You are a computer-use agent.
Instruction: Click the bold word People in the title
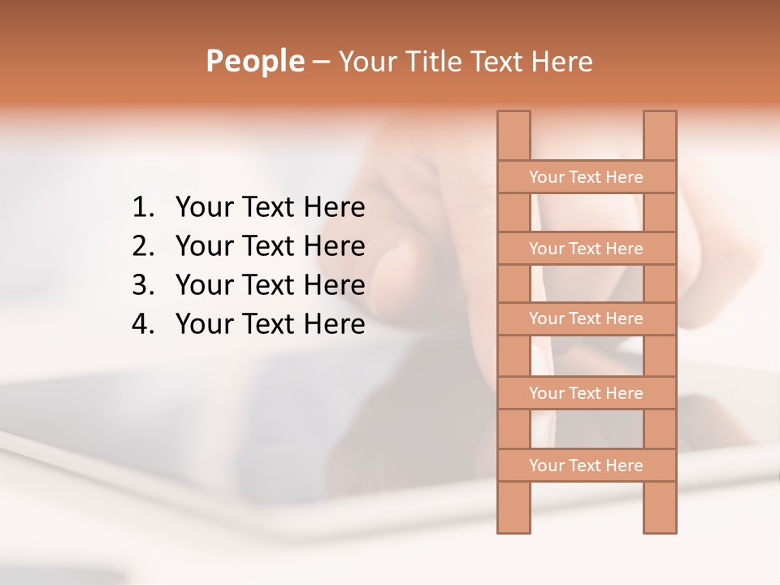[x=254, y=61]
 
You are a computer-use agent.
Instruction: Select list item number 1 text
[x=270, y=207]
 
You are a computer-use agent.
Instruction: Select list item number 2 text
[x=270, y=246]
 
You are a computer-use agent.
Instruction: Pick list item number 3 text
[x=270, y=285]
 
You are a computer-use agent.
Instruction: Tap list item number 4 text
[x=270, y=324]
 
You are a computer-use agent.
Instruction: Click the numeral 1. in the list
[x=143, y=207]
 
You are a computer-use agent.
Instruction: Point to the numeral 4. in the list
[x=143, y=324]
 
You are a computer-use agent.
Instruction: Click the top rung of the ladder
[x=586, y=177]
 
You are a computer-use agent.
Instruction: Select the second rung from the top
[x=586, y=249]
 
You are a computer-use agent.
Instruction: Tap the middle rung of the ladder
[x=586, y=318]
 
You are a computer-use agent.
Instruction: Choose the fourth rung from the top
[x=586, y=393]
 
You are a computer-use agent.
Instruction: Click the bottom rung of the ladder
[x=586, y=466]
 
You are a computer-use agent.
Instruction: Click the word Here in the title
[x=563, y=61]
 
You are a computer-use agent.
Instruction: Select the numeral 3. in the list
[x=143, y=285]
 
